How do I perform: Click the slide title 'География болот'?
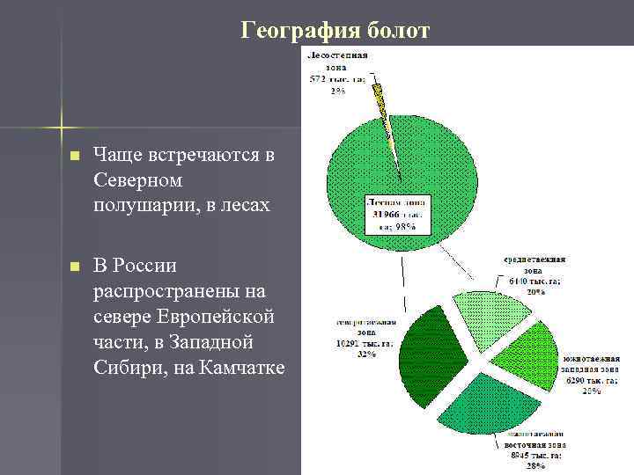pyautogui.click(x=335, y=32)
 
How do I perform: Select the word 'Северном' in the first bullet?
pyautogui.click(x=136, y=179)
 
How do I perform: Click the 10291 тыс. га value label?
pyautogui.click(x=351, y=344)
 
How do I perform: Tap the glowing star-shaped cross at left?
pyautogui.click(x=60, y=126)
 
